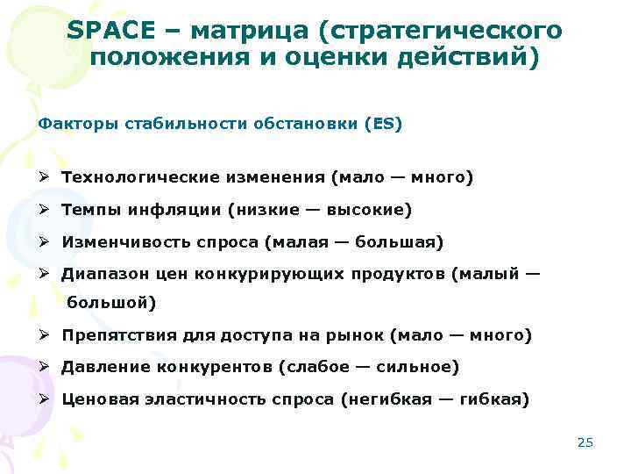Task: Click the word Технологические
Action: coord(135,177)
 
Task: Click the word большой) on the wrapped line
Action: coord(111,304)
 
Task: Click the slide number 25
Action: coord(585,442)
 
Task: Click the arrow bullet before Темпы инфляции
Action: coord(43,210)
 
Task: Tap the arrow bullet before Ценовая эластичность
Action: coord(43,399)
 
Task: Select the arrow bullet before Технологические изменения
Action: coord(43,177)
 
